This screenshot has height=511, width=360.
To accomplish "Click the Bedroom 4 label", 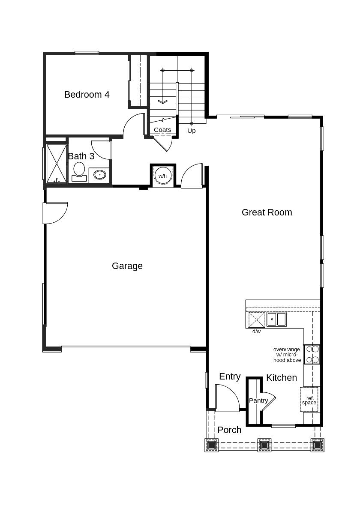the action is [x=87, y=95].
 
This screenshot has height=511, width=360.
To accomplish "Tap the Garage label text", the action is [x=127, y=266].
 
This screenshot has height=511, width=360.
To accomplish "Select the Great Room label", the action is [x=267, y=212].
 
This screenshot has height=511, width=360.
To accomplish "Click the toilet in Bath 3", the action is [x=79, y=172].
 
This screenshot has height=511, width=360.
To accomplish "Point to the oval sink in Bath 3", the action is [x=99, y=175].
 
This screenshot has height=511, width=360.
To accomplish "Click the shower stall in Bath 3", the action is [x=57, y=164].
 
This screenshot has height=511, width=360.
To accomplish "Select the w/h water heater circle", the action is [x=162, y=176].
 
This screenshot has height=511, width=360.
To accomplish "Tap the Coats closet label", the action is [x=162, y=130].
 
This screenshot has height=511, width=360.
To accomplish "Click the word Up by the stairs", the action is [x=192, y=131].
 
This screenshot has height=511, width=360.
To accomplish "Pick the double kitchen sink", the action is [x=276, y=319].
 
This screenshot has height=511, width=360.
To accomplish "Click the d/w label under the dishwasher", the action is [x=257, y=332].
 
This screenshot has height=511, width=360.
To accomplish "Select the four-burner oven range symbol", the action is [x=312, y=354].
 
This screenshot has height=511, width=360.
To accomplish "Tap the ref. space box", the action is [x=309, y=400].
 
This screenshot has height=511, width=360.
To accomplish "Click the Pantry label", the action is [x=258, y=400].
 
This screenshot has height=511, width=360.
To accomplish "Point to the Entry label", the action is [x=230, y=377].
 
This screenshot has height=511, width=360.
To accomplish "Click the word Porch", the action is [x=229, y=430].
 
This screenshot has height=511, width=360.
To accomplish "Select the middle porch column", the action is [x=264, y=445].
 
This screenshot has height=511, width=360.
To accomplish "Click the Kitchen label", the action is [x=282, y=378].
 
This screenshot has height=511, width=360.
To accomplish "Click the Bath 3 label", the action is [x=81, y=156].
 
